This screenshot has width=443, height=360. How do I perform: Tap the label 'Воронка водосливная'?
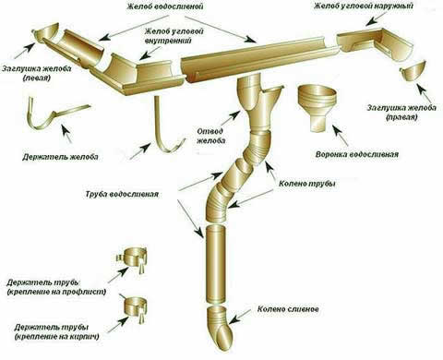coord(357,154)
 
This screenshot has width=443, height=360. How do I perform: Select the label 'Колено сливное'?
coord(288,308)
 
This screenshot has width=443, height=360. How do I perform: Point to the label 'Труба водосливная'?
coord(122,195)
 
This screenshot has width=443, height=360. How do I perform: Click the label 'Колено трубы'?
coord(306,184)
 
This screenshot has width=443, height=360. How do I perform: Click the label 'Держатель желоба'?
coord(60,157)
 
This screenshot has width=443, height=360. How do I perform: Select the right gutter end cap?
coord(413,72)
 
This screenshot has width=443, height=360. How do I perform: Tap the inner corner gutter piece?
coord(139,75)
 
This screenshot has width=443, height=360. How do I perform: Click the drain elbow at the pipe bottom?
coord(220,327)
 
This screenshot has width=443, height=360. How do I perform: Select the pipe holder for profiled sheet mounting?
coord(133,258)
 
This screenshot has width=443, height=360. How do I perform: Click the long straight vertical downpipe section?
coord(216,263)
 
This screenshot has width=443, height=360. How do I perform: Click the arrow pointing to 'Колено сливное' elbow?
coord(241,316)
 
